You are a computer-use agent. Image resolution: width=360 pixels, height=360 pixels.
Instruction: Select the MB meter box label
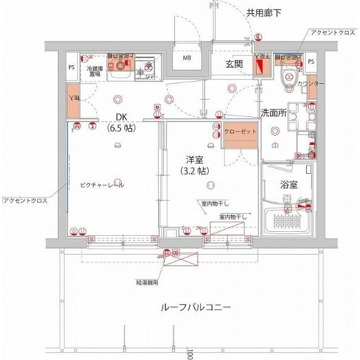click(x=186, y=58)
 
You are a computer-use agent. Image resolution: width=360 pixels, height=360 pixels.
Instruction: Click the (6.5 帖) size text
click(x=121, y=128)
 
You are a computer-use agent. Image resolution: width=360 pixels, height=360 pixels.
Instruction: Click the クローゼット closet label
click(x=240, y=132)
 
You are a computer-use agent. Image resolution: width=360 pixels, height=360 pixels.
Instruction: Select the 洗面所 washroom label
click(x=273, y=112)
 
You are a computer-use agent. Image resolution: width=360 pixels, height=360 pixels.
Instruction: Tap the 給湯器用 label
click(x=147, y=283)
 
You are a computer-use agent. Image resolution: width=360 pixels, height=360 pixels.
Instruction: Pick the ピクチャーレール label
click(x=102, y=185)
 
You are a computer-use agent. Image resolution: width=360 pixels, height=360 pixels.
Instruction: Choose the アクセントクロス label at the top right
click(x=332, y=32)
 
